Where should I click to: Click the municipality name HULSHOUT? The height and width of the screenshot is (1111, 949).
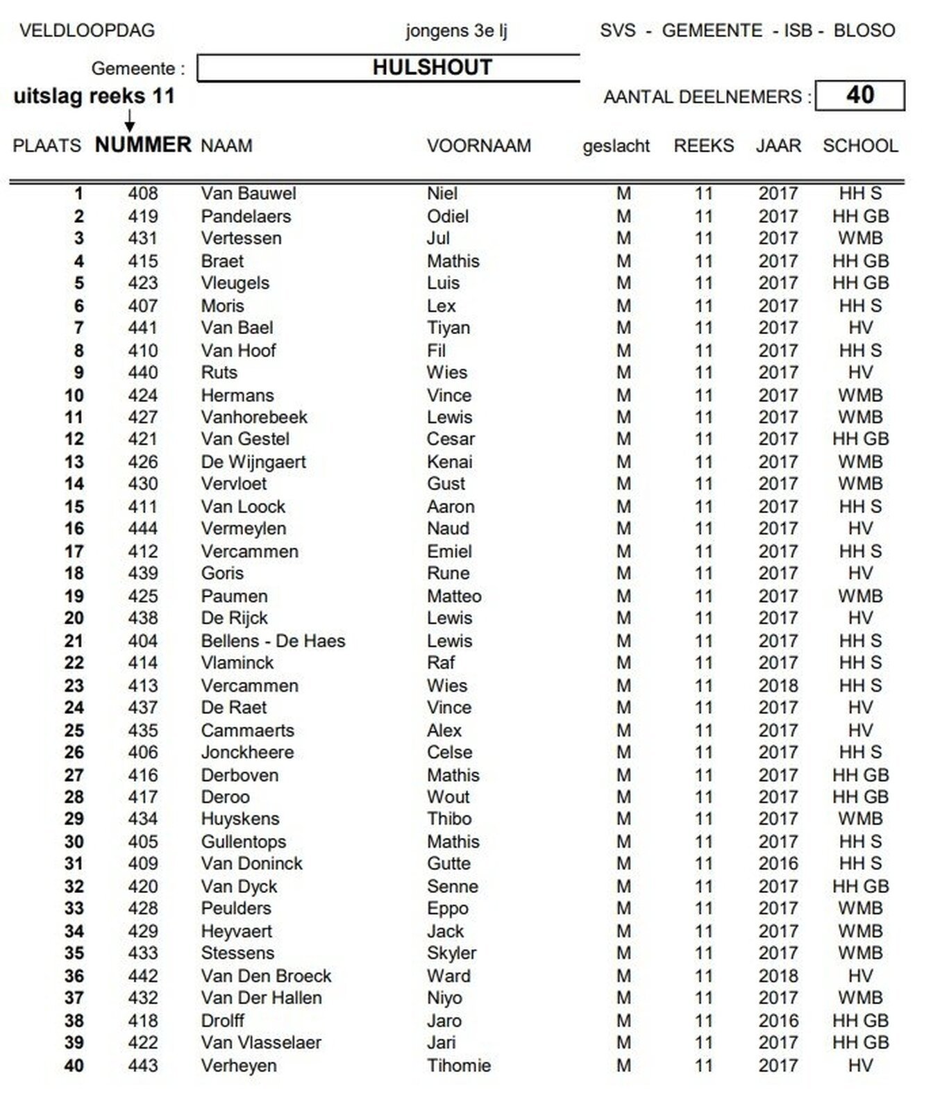click(x=432, y=67)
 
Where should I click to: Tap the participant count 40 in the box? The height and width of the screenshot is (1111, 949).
click(x=859, y=95)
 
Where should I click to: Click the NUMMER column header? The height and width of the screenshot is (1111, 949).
click(x=143, y=144)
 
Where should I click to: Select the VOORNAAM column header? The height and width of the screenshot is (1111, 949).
click(x=478, y=146)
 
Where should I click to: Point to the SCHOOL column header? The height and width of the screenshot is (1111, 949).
click(x=860, y=146)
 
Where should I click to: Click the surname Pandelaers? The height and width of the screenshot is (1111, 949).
click(x=246, y=216)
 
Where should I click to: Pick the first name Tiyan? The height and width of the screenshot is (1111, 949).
click(x=448, y=328)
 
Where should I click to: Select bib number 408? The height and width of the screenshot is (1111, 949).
click(x=143, y=194)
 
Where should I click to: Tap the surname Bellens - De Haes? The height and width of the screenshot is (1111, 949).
click(x=273, y=641)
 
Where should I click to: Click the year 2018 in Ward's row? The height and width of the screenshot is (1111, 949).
click(x=778, y=976)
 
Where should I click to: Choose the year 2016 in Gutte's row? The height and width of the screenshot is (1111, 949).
click(x=778, y=864)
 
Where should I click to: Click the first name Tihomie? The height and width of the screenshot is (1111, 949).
click(x=459, y=1065)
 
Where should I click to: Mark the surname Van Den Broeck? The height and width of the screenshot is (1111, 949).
click(x=266, y=976)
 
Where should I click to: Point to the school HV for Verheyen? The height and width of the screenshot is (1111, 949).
click(x=860, y=1065)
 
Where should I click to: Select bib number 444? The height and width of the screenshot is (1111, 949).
click(x=143, y=528)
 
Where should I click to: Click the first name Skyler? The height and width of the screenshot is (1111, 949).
click(x=451, y=953)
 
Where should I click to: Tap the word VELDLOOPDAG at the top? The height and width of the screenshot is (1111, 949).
click(x=87, y=31)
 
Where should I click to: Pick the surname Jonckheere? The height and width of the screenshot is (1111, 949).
click(x=247, y=752)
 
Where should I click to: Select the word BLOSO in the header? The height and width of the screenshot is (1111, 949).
click(x=864, y=31)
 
